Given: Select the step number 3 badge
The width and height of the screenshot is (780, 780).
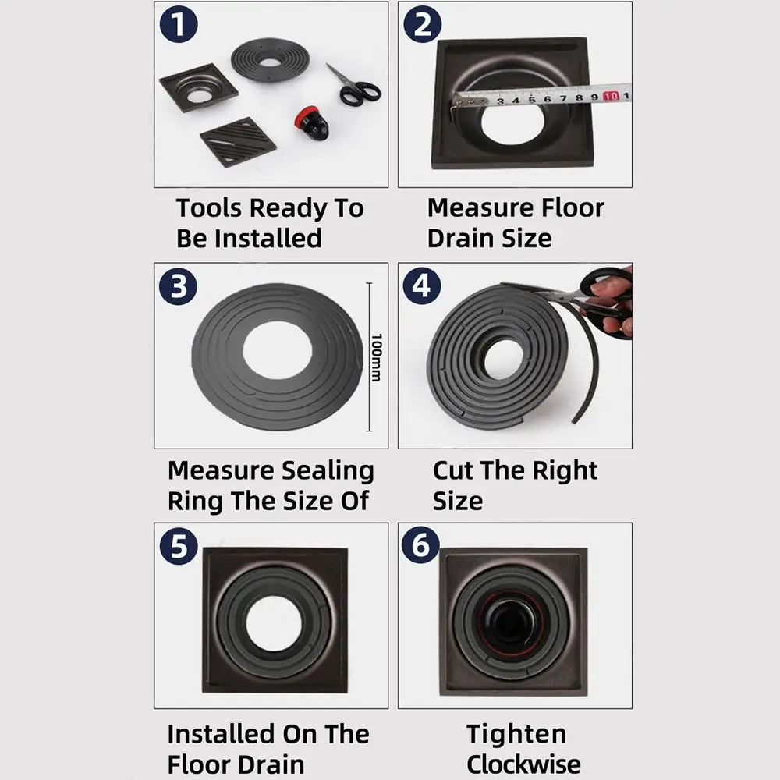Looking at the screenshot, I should click(179, 286).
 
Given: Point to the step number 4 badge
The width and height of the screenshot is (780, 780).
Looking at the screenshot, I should click(422, 286).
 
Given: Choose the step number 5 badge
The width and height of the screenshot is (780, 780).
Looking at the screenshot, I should click(179, 546).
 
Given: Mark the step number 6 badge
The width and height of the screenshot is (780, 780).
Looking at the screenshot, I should click(422, 546).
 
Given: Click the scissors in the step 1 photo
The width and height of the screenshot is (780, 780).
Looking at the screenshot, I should click(355, 85).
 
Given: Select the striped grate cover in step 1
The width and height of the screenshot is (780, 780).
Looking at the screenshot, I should click(238, 141).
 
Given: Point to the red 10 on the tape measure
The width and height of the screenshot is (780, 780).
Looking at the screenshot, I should click(611, 97).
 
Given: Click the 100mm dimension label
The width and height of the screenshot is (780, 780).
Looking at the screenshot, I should click(375, 357).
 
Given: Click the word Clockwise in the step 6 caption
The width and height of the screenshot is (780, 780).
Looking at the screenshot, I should click(523, 764).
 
